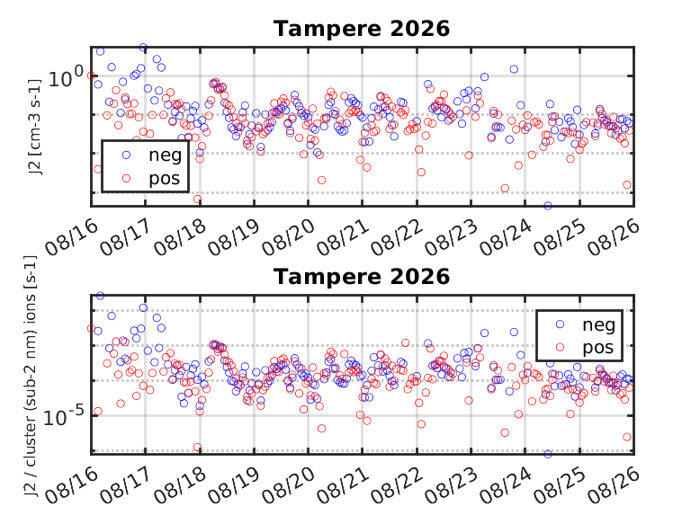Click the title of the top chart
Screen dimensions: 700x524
[x=362, y=29]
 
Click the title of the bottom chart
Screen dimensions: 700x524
[x=362, y=277]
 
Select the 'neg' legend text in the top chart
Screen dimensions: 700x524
[x=166, y=155]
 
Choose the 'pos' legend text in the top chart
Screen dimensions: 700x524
[x=165, y=179]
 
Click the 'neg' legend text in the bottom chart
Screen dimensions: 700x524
[x=598, y=325]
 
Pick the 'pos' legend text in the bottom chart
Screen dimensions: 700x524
[x=597, y=348]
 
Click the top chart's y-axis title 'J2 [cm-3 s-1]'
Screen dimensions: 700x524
[x=34, y=127]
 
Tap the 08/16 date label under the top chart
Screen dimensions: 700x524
[x=71, y=237]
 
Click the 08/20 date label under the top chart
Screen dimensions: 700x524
[x=289, y=237]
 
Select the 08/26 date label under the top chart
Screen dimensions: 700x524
[x=614, y=237]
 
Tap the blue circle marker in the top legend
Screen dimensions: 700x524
[x=126, y=155]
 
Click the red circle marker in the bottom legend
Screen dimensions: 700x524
[x=560, y=347]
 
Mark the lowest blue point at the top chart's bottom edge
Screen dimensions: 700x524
[x=548, y=206]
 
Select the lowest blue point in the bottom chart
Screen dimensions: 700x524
[x=548, y=454]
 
